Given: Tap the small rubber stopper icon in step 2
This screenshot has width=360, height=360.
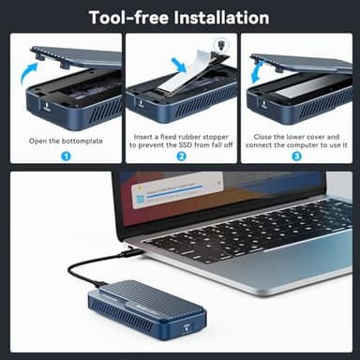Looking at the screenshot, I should pyautogui.click(x=219, y=44).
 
